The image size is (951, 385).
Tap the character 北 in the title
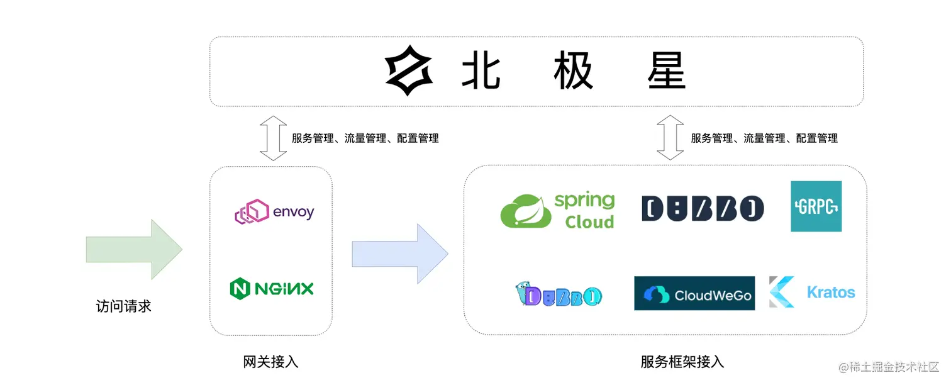point(481,70)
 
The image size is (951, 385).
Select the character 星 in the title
point(666,70)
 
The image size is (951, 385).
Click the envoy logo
point(274,212)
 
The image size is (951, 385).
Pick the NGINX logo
point(272,289)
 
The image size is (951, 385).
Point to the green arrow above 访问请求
point(134,250)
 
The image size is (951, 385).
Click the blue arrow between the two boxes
point(400,254)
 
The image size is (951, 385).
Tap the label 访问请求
point(123,306)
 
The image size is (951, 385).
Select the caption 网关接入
point(270,362)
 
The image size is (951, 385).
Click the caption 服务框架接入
point(682,362)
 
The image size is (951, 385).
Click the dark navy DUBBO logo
point(703,208)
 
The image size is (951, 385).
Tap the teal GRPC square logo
point(816,206)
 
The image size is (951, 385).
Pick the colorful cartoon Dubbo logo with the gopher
point(558,294)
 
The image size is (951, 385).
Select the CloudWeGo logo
point(694,294)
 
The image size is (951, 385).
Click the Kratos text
point(831,293)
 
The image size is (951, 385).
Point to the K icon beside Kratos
point(782,292)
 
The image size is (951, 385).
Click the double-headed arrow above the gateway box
point(273,138)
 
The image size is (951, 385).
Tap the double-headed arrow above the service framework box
point(670,137)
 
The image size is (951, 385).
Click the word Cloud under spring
point(589,222)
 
